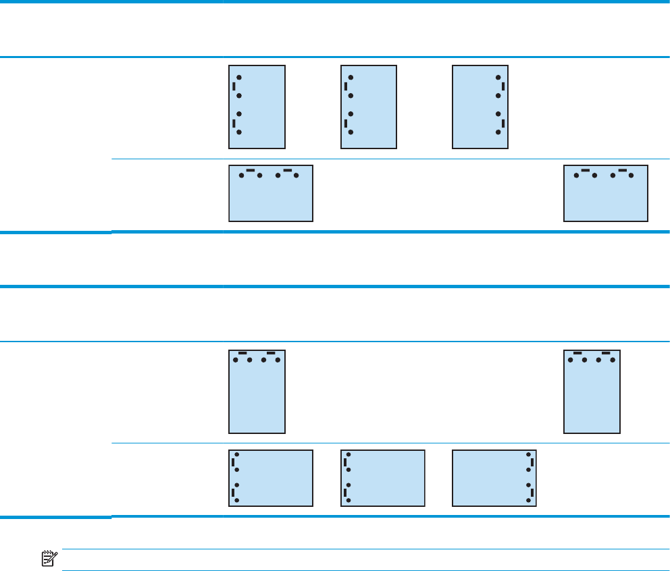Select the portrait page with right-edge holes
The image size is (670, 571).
click(480, 107)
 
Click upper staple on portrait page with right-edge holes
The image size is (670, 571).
click(504, 86)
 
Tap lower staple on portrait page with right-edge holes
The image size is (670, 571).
click(504, 123)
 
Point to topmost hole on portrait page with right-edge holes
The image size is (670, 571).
click(498, 78)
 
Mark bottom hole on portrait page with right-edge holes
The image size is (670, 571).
click(498, 132)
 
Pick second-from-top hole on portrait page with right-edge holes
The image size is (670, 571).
click(498, 95)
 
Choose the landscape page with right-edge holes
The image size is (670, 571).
click(494, 478)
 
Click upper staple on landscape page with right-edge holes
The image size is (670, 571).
click(532, 462)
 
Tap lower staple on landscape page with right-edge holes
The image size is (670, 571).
click(532, 493)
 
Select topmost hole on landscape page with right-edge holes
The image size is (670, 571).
click(527, 455)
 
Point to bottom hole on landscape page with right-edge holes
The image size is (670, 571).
click(527, 500)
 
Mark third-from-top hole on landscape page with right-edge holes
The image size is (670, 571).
click(527, 485)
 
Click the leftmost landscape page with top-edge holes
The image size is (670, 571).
click(271, 193)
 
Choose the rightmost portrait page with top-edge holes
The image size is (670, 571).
click(592, 391)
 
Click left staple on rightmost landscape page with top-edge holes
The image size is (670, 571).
click(586, 170)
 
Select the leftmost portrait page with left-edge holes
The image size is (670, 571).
click(257, 107)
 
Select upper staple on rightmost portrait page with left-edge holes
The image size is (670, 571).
click(346, 86)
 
